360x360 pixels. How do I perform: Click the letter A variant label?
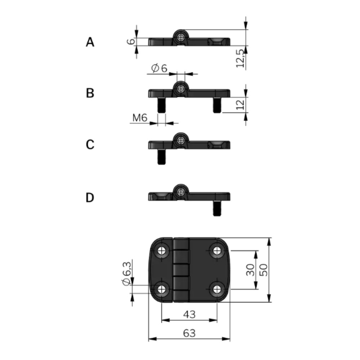coord(90,42)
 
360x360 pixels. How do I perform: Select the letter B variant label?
coord(90,93)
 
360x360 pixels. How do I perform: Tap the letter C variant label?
coord(90,145)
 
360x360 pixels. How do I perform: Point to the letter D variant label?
coord(90,197)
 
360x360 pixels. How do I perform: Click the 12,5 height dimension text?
coord(240,58)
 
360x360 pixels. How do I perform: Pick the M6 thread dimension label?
coord(140,118)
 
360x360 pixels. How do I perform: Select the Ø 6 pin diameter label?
coord(159,68)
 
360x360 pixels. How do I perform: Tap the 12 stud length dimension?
coord(240,105)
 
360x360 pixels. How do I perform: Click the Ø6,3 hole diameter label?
coord(127,274)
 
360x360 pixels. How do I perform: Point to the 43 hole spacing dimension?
coord(189,314)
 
